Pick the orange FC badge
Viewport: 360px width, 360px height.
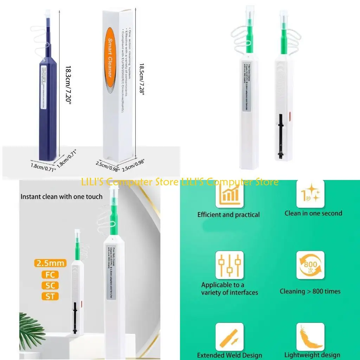[x=50, y=275]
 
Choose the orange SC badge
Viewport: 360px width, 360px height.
[x=50, y=285]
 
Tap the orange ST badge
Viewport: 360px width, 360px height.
[x=50, y=296]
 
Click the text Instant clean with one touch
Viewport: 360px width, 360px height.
[x=62, y=197]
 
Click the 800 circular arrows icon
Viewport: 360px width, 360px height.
[x=310, y=265]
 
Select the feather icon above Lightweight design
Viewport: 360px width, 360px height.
[x=310, y=336]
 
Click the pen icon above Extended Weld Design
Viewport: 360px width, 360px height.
[x=229, y=336]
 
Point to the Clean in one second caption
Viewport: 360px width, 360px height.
[x=313, y=213]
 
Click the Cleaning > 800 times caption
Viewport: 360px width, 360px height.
[x=310, y=291]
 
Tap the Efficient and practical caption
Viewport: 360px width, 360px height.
[x=229, y=214]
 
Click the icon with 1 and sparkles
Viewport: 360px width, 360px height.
[x=310, y=194]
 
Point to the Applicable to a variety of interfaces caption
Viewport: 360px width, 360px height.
[x=230, y=289]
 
